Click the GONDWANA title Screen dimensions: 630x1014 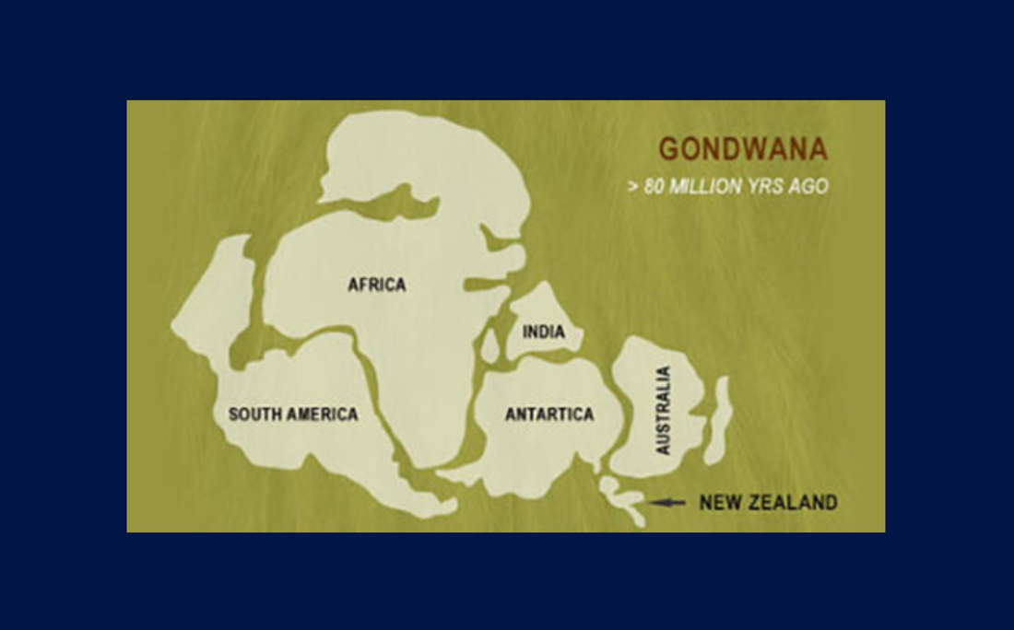(742, 149)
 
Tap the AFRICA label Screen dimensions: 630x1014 (376, 285)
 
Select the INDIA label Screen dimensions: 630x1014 (544, 332)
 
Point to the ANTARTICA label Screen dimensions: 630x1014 (549, 414)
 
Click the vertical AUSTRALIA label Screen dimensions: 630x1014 (663, 411)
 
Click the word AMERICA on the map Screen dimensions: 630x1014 (322, 414)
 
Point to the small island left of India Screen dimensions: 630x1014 (490, 346)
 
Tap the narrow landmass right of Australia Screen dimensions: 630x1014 (721, 419)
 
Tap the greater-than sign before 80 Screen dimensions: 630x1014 (632, 186)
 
